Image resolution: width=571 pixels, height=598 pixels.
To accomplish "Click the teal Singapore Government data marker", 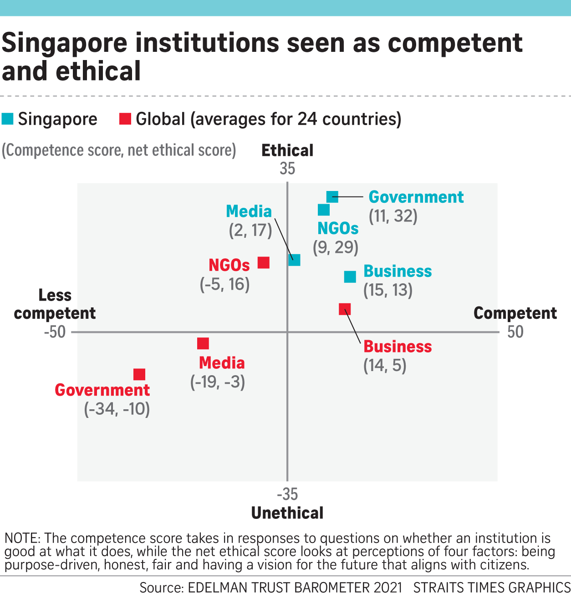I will tap(332, 197).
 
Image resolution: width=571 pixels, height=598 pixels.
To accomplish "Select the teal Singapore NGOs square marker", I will tap(324, 210).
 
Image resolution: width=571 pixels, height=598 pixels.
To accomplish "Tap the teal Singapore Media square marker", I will tap(295, 260).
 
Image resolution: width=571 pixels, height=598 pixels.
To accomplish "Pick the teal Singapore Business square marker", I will tap(350, 276).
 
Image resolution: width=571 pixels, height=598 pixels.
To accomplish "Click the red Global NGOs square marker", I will tap(264, 262).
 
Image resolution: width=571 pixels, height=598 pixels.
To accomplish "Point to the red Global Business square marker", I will tap(345, 309).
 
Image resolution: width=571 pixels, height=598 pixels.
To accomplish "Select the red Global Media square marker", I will tap(203, 343).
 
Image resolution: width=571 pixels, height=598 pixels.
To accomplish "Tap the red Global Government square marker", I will tap(139, 374).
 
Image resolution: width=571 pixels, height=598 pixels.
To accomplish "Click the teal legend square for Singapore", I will tap(8, 119).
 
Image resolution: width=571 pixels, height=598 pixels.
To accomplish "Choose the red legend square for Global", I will tap(125, 119).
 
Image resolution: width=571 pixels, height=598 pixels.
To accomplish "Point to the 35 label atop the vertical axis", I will tap(287, 169).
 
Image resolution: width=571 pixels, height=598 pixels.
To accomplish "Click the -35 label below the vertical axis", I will tap(287, 494).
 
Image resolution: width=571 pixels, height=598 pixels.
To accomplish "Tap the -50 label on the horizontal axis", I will tap(55, 332).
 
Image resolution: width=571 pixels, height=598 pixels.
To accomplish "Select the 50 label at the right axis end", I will tap(515, 332).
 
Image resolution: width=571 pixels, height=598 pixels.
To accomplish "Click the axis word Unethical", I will tap(287, 513).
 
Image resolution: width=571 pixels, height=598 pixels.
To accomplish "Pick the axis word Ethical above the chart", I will tap(287, 151).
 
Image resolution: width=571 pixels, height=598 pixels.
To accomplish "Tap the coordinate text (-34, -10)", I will tap(117, 409).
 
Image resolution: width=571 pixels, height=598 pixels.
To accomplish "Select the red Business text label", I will tap(398, 347).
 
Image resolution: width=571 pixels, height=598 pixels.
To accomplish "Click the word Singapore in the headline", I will tap(65, 43).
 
